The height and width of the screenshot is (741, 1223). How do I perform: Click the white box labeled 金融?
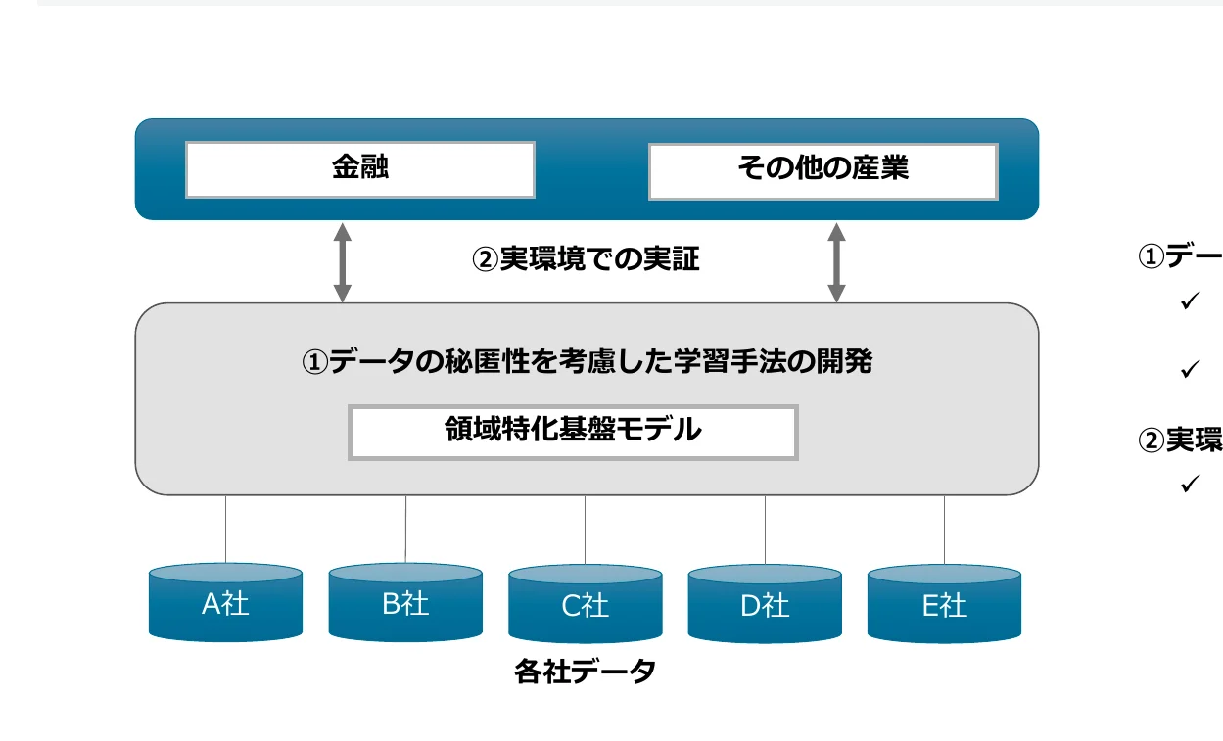(x=359, y=169)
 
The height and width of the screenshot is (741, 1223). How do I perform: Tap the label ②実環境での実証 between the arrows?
(x=587, y=259)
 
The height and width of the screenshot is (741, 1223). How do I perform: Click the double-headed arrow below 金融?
(x=342, y=261)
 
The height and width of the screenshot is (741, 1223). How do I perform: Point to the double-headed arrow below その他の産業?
(x=836, y=261)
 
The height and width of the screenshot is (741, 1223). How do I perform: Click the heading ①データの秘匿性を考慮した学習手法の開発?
(x=587, y=362)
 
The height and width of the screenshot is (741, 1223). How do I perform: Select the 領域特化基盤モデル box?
(x=573, y=432)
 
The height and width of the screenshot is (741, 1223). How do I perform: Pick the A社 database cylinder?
(x=225, y=603)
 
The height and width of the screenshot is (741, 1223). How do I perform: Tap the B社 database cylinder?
(x=405, y=603)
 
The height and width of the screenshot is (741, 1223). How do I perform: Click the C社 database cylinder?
(x=586, y=605)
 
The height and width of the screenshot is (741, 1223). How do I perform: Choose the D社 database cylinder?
(x=765, y=605)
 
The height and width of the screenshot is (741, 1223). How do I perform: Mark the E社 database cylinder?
(x=944, y=605)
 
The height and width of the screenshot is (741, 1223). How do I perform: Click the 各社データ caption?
(x=585, y=673)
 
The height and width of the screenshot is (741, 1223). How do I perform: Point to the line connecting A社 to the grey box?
(x=226, y=529)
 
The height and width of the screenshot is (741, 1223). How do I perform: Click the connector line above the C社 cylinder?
(x=586, y=530)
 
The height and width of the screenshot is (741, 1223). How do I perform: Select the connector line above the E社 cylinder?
(x=945, y=530)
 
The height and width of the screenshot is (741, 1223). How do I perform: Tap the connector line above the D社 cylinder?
(x=766, y=530)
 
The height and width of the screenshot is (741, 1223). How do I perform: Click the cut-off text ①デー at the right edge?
(x=1179, y=256)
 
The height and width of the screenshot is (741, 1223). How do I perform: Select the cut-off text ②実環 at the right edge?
(x=1179, y=441)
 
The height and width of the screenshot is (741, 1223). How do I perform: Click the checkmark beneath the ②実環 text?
(x=1191, y=484)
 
